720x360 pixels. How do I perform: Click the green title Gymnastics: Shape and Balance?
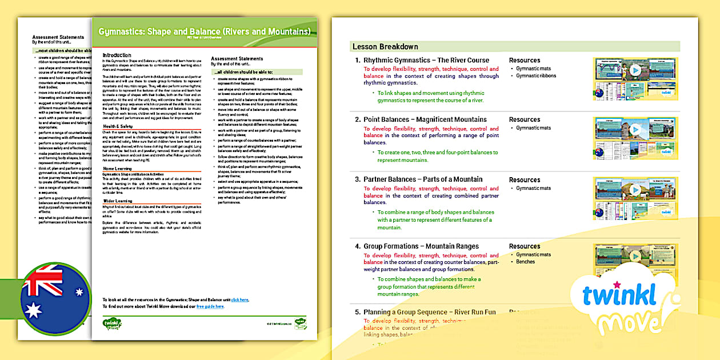205,31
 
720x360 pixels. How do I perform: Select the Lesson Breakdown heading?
385,47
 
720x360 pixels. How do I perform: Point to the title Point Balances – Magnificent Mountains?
425,119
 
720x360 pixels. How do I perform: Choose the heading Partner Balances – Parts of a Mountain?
423,179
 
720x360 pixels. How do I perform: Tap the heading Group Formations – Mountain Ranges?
421,246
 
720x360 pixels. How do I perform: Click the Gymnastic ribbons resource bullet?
535,75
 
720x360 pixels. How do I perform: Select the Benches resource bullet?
525,262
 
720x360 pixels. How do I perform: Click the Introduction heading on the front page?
117,55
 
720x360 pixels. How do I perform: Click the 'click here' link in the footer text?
240,299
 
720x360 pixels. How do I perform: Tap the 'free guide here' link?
210,306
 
